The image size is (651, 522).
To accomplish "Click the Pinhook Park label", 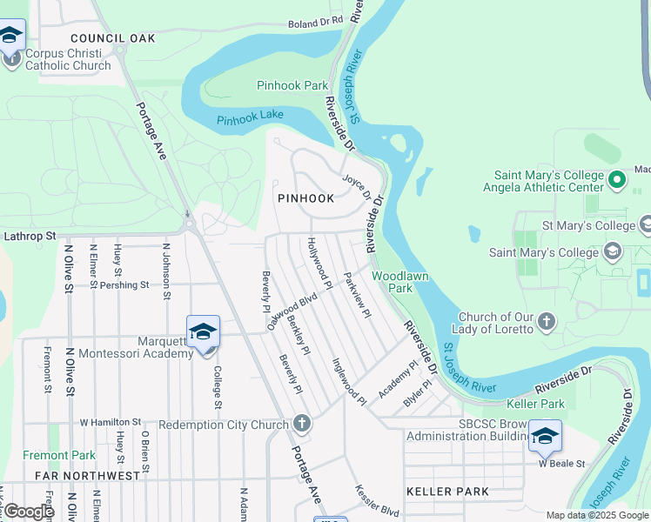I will pos(292,85).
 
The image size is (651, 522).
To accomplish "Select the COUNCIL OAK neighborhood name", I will pos(112,38).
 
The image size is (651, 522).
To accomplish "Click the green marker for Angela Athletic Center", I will pos(617,180).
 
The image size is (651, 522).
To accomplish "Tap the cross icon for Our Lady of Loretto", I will pos(546,322).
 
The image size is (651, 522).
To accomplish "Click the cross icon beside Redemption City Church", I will pos(301,424).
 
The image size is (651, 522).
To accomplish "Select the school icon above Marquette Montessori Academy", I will pos(203,332).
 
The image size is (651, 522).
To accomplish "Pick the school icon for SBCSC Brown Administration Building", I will pos(545,435).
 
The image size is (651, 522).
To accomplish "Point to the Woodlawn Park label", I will pos(392,281).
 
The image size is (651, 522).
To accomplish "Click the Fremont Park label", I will pos(59,455).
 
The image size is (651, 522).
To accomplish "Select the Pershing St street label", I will pos(124,284).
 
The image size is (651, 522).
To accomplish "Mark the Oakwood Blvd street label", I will pos(292,311).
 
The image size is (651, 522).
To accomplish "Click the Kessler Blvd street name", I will pos(377,499).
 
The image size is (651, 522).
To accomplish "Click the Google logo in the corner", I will pos(28,512).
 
